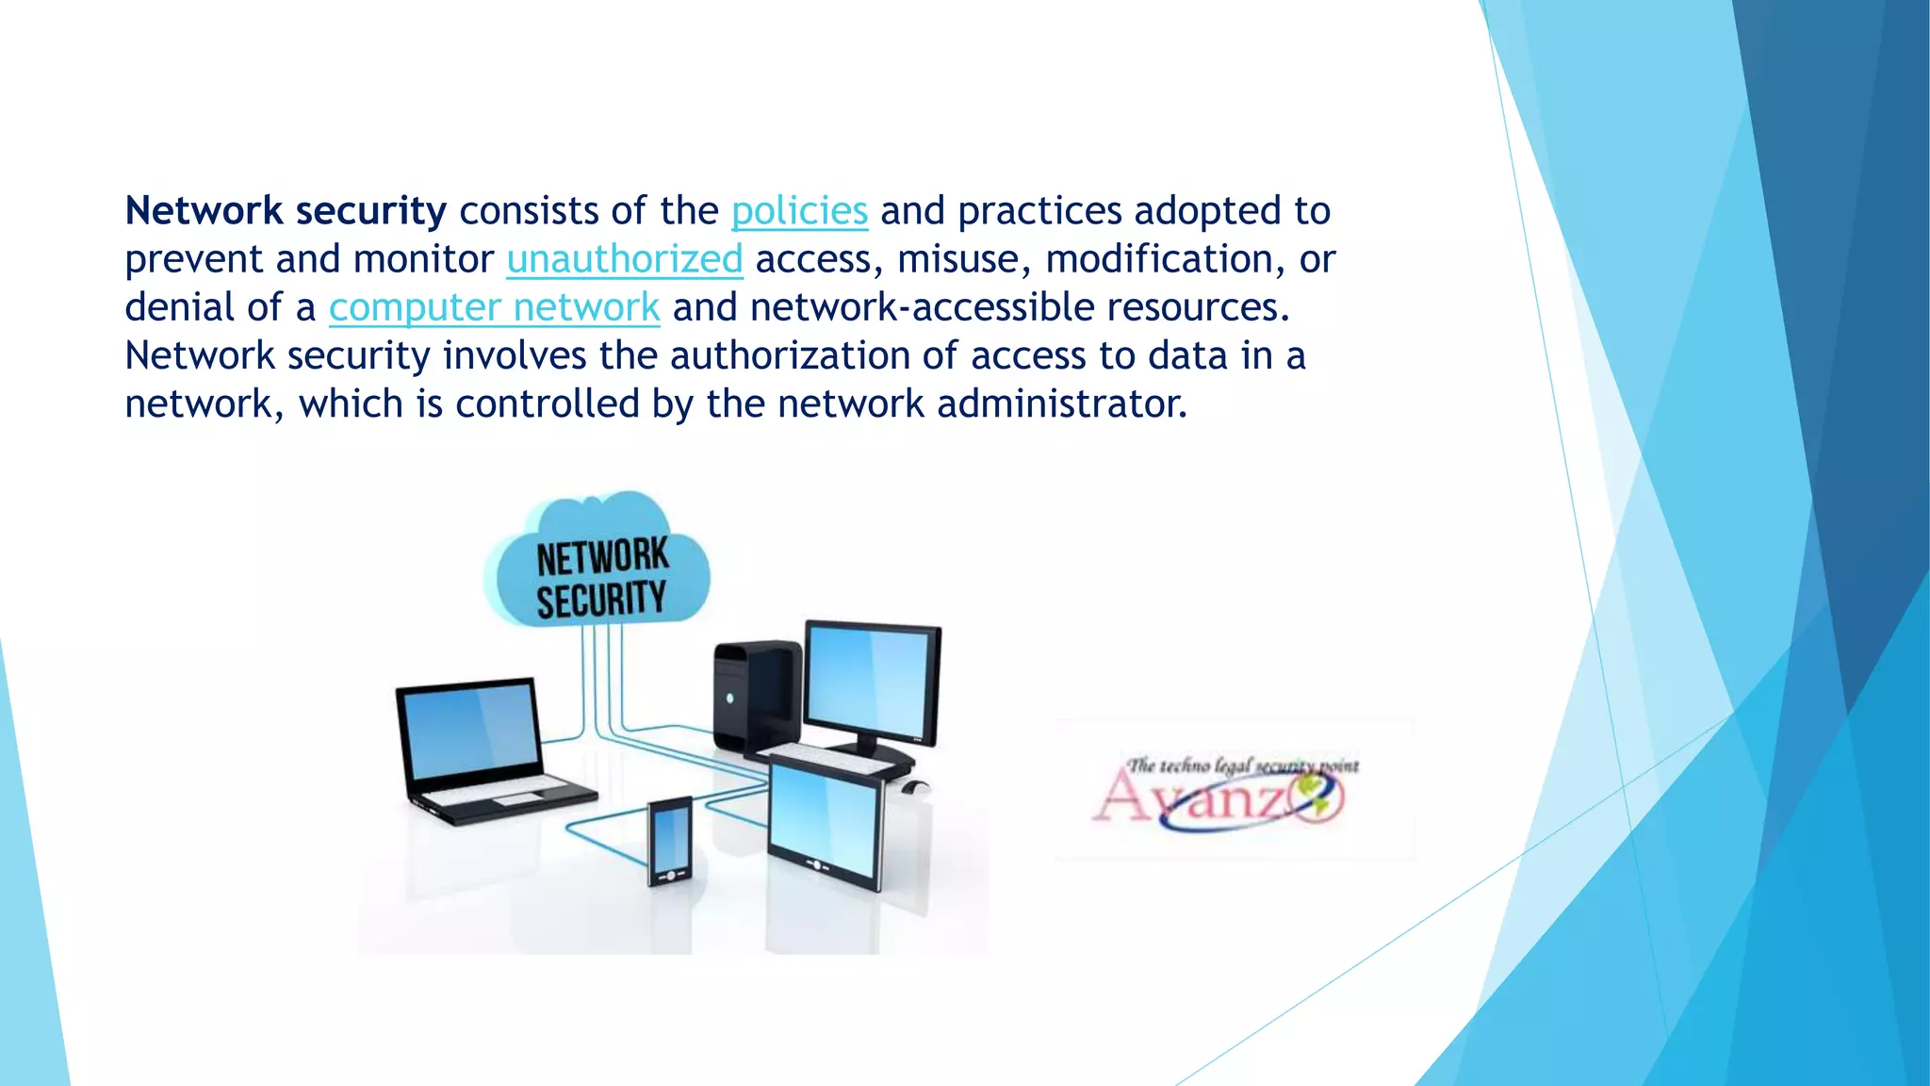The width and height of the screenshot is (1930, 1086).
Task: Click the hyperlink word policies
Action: pos(799,211)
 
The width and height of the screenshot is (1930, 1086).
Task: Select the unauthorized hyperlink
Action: pos(624,259)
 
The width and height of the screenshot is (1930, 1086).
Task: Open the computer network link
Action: pos(494,307)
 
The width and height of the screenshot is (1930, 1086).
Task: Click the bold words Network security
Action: pos(286,211)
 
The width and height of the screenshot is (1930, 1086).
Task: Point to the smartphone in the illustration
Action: pos(669,841)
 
